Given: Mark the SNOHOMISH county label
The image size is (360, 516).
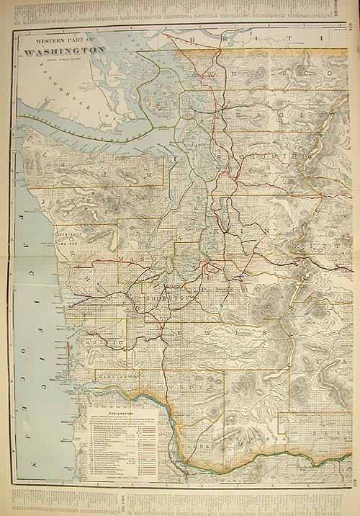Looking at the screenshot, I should click(x=266, y=155).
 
